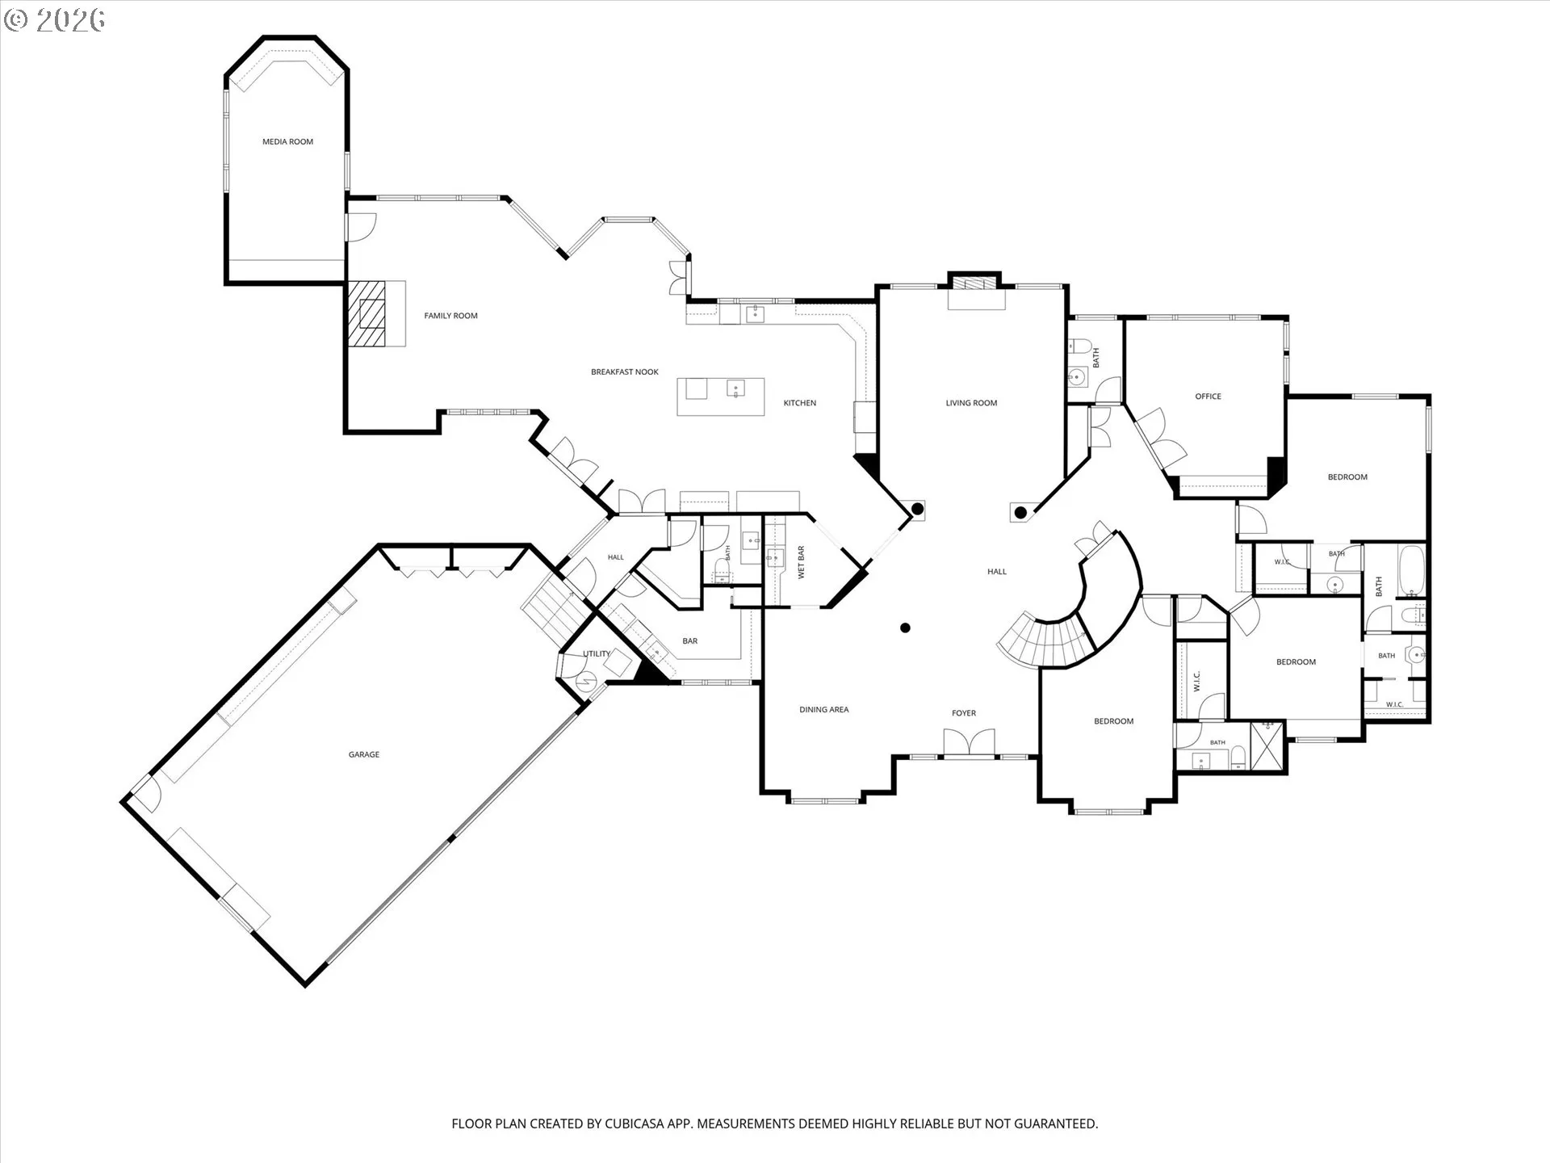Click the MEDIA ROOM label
click(287, 142)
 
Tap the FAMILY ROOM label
click(450, 316)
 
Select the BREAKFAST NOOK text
click(625, 372)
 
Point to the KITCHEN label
click(800, 403)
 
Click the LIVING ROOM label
click(971, 403)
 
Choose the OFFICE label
click(1209, 397)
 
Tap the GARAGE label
click(364, 754)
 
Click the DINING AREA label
click(824, 710)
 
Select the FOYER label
click(964, 713)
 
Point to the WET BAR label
click(802, 562)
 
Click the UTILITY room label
click(597, 654)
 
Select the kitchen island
click(721, 397)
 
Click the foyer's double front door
click(969, 744)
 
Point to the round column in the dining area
click(906, 628)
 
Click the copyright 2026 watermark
click(54, 20)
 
